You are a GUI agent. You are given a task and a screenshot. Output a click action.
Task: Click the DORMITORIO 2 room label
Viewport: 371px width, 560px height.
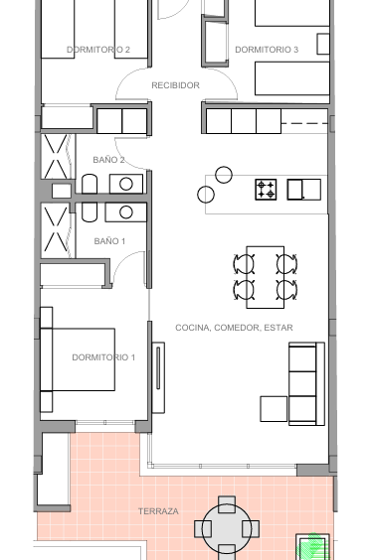pos(98,50)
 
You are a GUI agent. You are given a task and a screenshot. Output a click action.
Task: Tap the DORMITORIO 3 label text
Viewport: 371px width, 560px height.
pos(267,50)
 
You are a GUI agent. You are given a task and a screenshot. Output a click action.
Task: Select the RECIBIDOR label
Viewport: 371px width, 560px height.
pos(175,85)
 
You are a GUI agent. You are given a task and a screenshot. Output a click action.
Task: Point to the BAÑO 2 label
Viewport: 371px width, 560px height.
pos(108,160)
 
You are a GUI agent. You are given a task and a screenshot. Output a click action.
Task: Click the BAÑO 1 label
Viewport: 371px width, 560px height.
pos(109,241)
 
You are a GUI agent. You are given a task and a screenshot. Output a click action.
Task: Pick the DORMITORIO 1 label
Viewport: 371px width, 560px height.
pos(103,357)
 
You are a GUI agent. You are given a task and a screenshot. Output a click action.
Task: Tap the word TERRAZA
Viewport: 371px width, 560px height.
pos(158,511)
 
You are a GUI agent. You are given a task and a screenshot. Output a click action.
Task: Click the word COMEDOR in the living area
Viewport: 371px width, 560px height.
pos(236,328)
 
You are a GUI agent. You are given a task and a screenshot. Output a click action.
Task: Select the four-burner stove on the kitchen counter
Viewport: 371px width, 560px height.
pos(266,190)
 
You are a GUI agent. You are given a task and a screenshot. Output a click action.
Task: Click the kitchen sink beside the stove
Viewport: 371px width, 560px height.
pos(304,190)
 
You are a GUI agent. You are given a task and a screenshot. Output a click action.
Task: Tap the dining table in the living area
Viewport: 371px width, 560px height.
pos(266,277)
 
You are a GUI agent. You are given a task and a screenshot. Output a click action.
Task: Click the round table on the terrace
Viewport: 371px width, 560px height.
pos(227,527)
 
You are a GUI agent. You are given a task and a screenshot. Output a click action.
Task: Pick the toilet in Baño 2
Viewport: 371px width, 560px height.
pos(90,184)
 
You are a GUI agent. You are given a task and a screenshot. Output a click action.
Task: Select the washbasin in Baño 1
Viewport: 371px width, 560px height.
pos(126,212)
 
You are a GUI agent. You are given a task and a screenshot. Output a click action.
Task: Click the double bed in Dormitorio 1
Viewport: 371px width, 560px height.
pos(78,359)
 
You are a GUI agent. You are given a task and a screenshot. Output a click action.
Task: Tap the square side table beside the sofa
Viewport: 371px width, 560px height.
pos(274,409)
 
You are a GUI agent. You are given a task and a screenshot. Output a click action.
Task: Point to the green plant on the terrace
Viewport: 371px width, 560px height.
pos(313,546)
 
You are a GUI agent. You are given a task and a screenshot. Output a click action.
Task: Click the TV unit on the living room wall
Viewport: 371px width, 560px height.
pos(158,377)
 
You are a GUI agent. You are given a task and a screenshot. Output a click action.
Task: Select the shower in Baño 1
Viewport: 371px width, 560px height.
pos(58,230)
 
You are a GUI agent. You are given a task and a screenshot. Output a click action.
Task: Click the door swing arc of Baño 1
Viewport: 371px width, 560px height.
pos(123,259)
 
